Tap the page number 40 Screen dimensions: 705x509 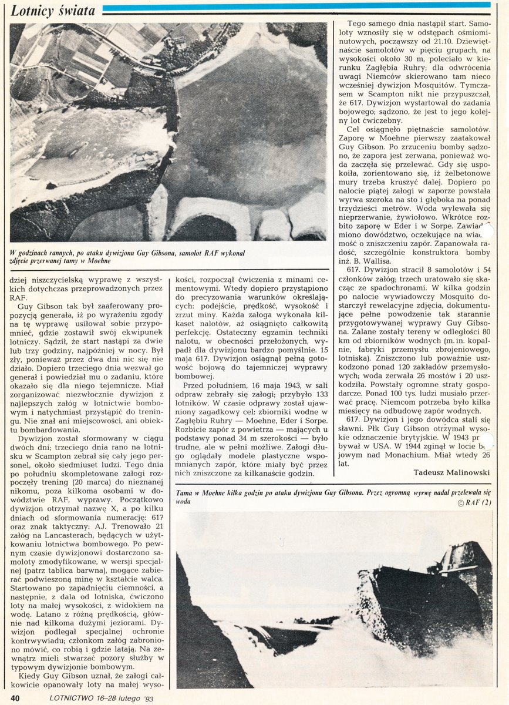16,697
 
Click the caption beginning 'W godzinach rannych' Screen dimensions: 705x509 126,256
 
